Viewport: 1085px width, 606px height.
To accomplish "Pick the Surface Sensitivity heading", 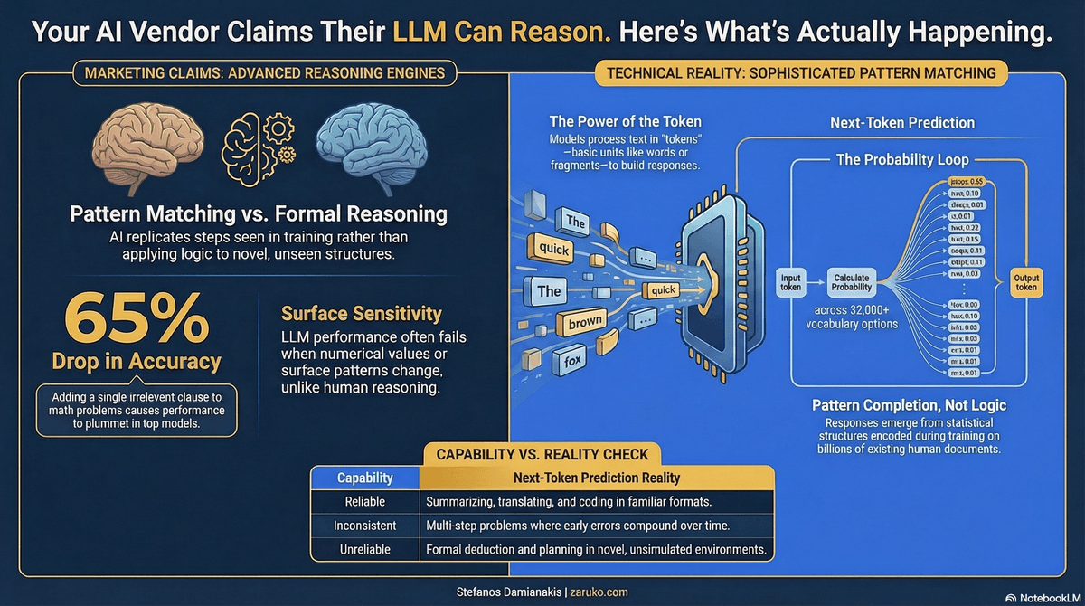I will pos(361,314).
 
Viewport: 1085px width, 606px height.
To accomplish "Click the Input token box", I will pos(790,281).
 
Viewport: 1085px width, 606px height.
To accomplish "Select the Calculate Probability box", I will pos(852,281).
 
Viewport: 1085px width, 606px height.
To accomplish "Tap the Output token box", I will pos(1026,281).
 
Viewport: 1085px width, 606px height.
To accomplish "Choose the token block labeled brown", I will pos(584,322).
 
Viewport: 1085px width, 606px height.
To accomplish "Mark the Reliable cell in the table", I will pos(363,501).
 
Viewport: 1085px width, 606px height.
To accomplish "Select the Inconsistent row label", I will pos(363,525).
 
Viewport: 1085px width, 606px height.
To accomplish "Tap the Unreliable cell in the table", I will pos(363,549).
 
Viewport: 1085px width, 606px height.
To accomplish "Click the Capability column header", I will pos(363,478).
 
